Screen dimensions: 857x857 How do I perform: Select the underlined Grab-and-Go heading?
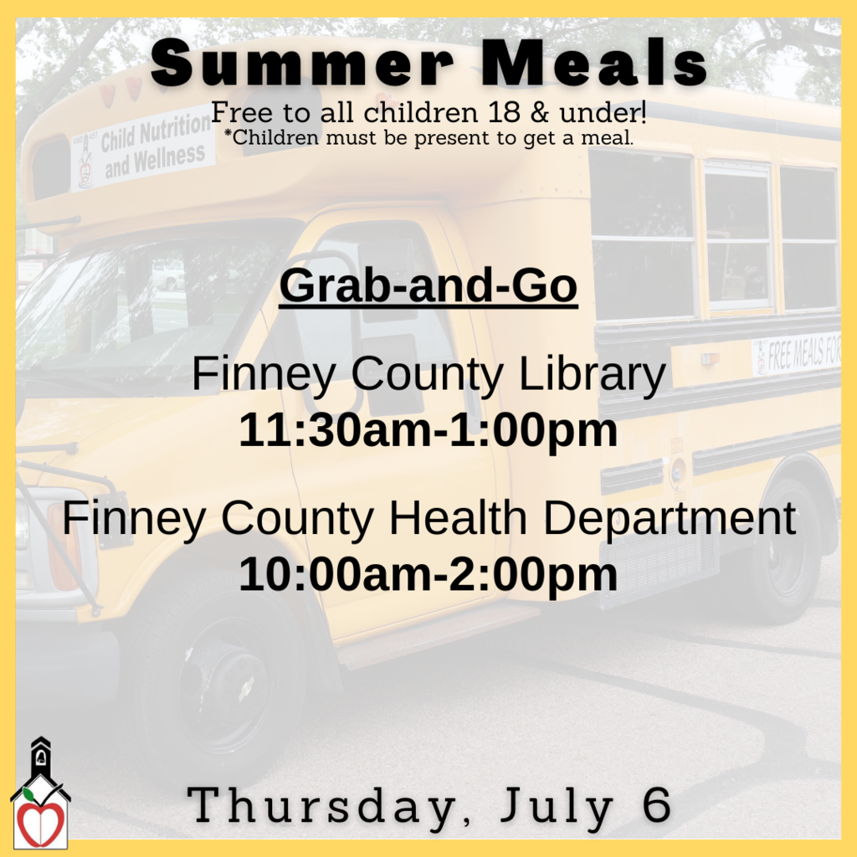[x=428, y=286]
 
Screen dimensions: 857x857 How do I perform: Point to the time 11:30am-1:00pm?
[x=428, y=431]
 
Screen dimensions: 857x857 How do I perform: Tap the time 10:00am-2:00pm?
[x=428, y=575]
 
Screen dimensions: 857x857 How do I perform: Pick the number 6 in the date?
[x=658, y=805]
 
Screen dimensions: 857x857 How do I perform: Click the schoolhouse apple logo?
[x=40, y=795]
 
